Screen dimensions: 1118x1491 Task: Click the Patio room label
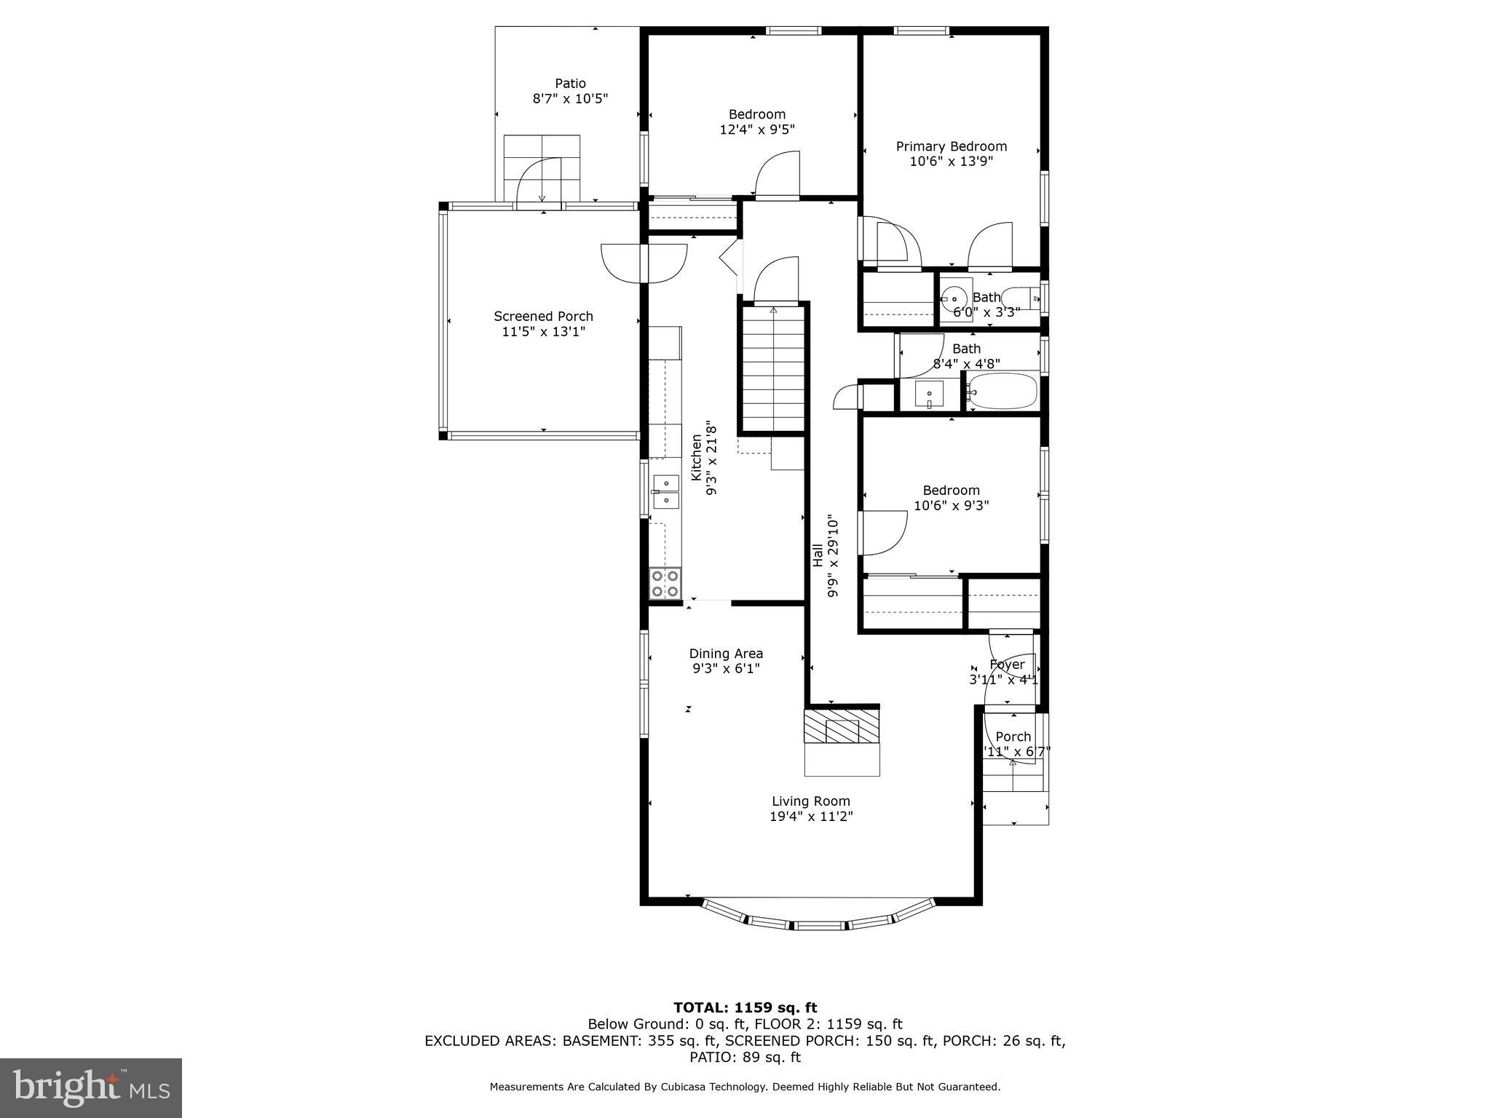[x=570, y=84]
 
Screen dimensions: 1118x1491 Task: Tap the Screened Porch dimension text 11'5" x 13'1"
[x=543, y=332]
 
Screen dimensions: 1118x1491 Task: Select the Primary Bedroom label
[x=951, y=146]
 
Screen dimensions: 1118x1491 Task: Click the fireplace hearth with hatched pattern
[x=842, y=726]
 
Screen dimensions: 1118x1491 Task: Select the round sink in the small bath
[x=954, y=298]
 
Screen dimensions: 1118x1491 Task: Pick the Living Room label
[x=811, y=801]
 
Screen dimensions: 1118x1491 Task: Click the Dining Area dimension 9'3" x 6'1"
[x=726, y=669]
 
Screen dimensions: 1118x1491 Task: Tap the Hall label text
[x=818, y=555]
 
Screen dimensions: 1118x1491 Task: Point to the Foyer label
[x=1007, y=665]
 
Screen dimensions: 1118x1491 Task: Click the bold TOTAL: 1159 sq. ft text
[x=745, y=1007]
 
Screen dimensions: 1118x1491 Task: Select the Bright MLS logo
[x=91, y=1087]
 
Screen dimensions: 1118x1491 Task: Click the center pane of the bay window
[x=820, y=926]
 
